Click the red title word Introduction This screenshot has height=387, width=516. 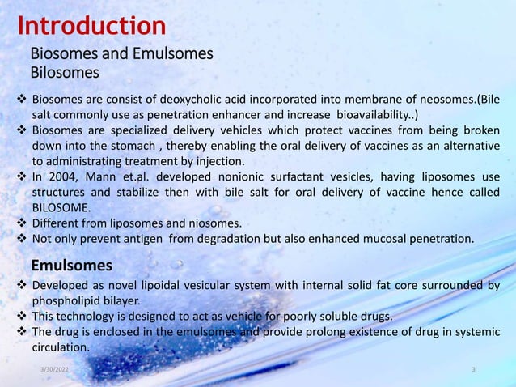pos(91,26)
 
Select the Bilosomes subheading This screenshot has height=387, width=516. pos(65,73)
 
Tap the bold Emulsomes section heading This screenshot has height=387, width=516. pos(71,265)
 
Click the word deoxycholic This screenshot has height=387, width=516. pos(188,100)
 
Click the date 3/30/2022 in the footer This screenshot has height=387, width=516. pos(54,369)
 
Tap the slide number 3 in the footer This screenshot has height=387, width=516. pos(473,369)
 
